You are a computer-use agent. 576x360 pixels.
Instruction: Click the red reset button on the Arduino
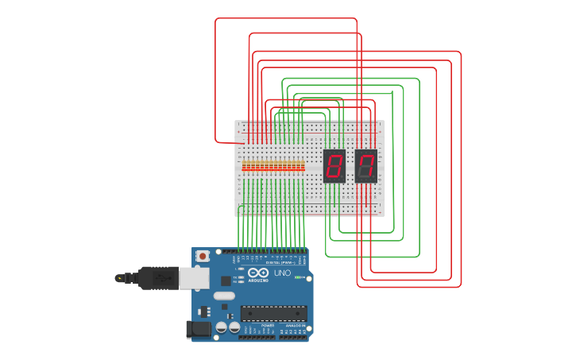[203, 256]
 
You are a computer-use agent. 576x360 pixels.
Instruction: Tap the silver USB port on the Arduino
[193, 277]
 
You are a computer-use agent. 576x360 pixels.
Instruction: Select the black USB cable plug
[158, 277]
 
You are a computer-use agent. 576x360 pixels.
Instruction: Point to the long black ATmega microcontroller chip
[273, 313]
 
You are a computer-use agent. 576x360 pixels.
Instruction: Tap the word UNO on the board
[282, 273]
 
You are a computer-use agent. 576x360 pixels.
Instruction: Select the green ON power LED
[298, 277]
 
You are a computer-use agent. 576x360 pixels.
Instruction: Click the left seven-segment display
[334, 165]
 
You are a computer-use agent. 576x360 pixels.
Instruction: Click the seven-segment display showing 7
[365, 165]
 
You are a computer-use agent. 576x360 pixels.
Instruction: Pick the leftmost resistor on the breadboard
[245, 166]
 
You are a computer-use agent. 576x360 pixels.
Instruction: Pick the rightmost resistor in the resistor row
[302, 166]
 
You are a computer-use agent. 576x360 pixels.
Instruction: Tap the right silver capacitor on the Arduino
[234, 327]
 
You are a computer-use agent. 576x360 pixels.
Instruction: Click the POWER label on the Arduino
[267, 326]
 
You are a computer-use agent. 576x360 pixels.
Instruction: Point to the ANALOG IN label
[293, 326]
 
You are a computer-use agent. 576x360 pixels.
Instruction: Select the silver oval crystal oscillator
[224, 296]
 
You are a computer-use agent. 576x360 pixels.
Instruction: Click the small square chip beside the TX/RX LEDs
[226, 280]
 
